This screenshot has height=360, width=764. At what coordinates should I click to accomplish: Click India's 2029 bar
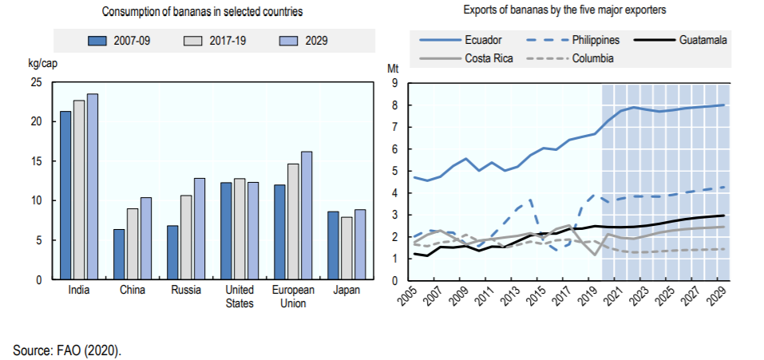point(93,187)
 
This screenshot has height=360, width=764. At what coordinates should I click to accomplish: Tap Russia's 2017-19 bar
point(186,238)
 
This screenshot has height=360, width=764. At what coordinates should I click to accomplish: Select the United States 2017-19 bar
point(239,229)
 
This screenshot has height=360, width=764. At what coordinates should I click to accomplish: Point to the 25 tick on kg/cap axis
point(37,82)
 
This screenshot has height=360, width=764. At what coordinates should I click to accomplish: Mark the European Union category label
point(294,296)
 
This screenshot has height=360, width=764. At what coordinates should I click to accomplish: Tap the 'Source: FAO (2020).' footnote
point(67,350)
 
